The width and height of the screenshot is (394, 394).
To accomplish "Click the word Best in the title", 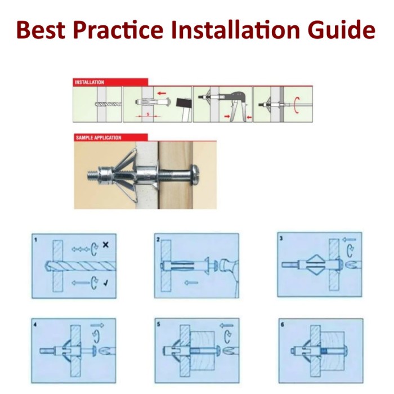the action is (41, 30).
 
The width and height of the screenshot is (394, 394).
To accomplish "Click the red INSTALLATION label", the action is (89, 82).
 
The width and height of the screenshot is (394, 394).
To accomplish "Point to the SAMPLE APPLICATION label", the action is (98, 138).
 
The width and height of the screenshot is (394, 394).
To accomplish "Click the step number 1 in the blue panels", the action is (35, 240).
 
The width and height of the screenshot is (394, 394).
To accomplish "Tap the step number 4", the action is (35, 325).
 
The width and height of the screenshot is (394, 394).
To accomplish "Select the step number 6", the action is (283, 325).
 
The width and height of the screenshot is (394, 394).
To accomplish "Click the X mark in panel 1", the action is (106, 244).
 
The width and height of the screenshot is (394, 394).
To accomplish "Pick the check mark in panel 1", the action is (106, 283).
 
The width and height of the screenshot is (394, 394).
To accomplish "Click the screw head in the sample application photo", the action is (196, 175).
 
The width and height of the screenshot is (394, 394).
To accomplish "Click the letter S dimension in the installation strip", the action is (148, 114).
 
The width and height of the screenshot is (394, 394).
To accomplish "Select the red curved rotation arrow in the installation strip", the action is (297, 105).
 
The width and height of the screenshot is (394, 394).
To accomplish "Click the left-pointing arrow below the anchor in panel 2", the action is (191, 283).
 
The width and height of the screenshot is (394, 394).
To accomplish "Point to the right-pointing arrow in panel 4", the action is (97, 325).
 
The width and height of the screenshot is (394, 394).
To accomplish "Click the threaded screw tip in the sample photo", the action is (92, 175).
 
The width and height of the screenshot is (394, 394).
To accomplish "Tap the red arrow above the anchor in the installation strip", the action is (162, 93).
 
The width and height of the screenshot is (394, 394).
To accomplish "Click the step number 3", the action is (281, 238).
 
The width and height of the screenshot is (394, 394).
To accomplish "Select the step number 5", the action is (158, 324).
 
